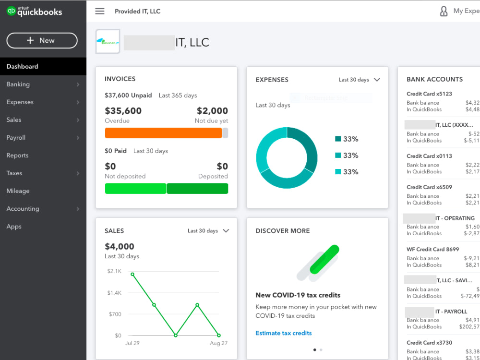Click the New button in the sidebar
(42, 41)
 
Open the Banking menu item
(18, 84)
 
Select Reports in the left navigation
(18, 156)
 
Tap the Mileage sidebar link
(18, 191)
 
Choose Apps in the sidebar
(14, 227)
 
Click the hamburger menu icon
(100, 11)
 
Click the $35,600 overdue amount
(123, 111)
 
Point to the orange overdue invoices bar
(163, 133)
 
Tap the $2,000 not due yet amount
(212, 111)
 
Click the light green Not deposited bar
(135, 189)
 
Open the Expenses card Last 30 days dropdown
(359, 80)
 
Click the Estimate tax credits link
(284, 333)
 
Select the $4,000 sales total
(120, 247)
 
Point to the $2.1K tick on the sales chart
(114, 271)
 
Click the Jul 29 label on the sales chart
(132, 343)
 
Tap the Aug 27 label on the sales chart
(218, 343)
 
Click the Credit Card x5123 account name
(429, 94)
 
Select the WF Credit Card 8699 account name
(432, 250)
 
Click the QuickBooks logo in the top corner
(35, 12)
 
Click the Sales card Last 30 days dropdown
(208, 231)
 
